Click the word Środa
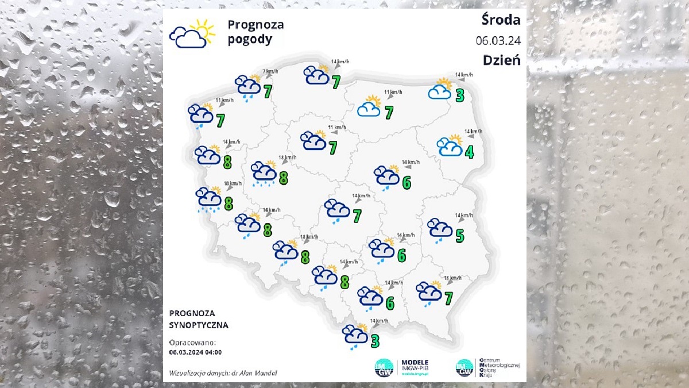501,20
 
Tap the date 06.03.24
498,40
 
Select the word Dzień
501,60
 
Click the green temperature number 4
469,153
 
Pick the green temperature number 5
459,235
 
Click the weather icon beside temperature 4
450,147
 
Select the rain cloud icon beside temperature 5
440,229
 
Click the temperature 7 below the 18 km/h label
448,298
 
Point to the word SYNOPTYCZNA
199,325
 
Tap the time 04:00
211,352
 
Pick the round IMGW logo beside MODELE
384,367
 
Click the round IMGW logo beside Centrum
464,367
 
